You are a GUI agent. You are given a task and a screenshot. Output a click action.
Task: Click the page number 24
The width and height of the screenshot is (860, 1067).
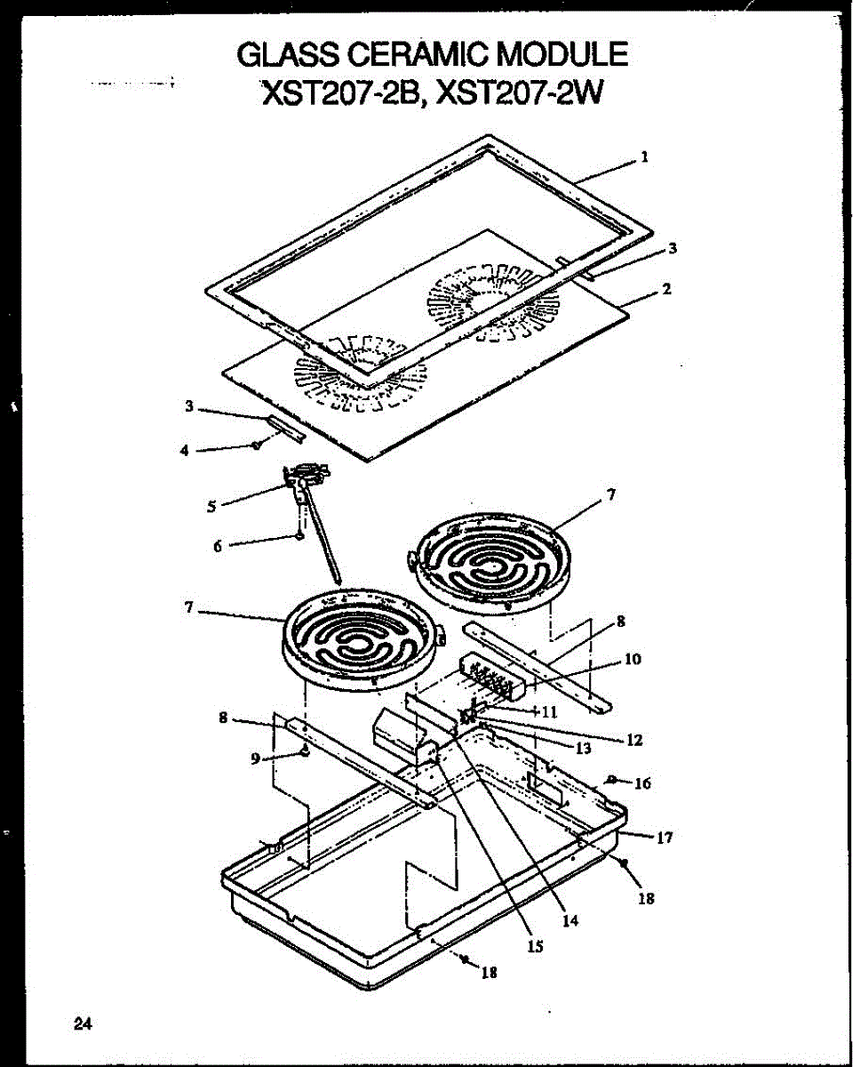pos(83,1023)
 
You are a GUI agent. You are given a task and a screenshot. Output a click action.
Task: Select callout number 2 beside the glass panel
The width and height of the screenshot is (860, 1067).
pos(666,289)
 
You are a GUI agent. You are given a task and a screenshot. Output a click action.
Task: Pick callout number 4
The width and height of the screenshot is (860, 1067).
pos(184,451)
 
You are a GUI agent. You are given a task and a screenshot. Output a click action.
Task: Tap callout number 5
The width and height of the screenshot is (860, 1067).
pos(211,507)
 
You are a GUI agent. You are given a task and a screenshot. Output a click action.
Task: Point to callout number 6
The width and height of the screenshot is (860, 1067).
pos(218,547)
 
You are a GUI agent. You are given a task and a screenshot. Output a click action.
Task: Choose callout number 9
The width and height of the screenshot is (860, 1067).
pos(256,758)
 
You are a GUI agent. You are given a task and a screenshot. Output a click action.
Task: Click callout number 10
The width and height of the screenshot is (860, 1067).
pos(633,660)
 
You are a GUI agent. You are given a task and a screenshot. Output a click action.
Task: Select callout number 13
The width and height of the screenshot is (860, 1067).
pos(583,748)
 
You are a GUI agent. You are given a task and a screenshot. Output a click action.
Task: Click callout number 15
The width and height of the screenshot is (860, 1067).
pos(535,947)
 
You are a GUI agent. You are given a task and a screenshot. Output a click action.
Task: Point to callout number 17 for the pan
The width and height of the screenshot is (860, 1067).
pos(665,837)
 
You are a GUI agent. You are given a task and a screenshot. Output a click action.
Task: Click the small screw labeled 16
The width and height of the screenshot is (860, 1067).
pos(613,780)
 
